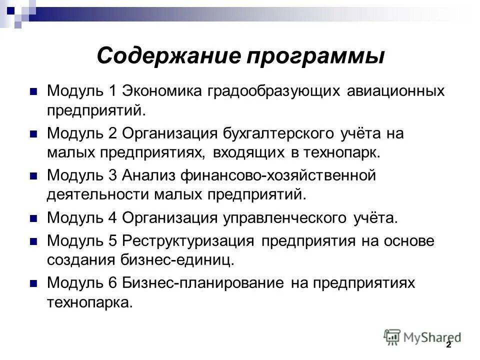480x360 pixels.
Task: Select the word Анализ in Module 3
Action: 152,176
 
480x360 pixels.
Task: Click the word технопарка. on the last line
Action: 90,302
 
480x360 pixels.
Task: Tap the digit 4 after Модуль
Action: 112,218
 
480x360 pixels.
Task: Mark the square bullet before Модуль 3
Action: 34,176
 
